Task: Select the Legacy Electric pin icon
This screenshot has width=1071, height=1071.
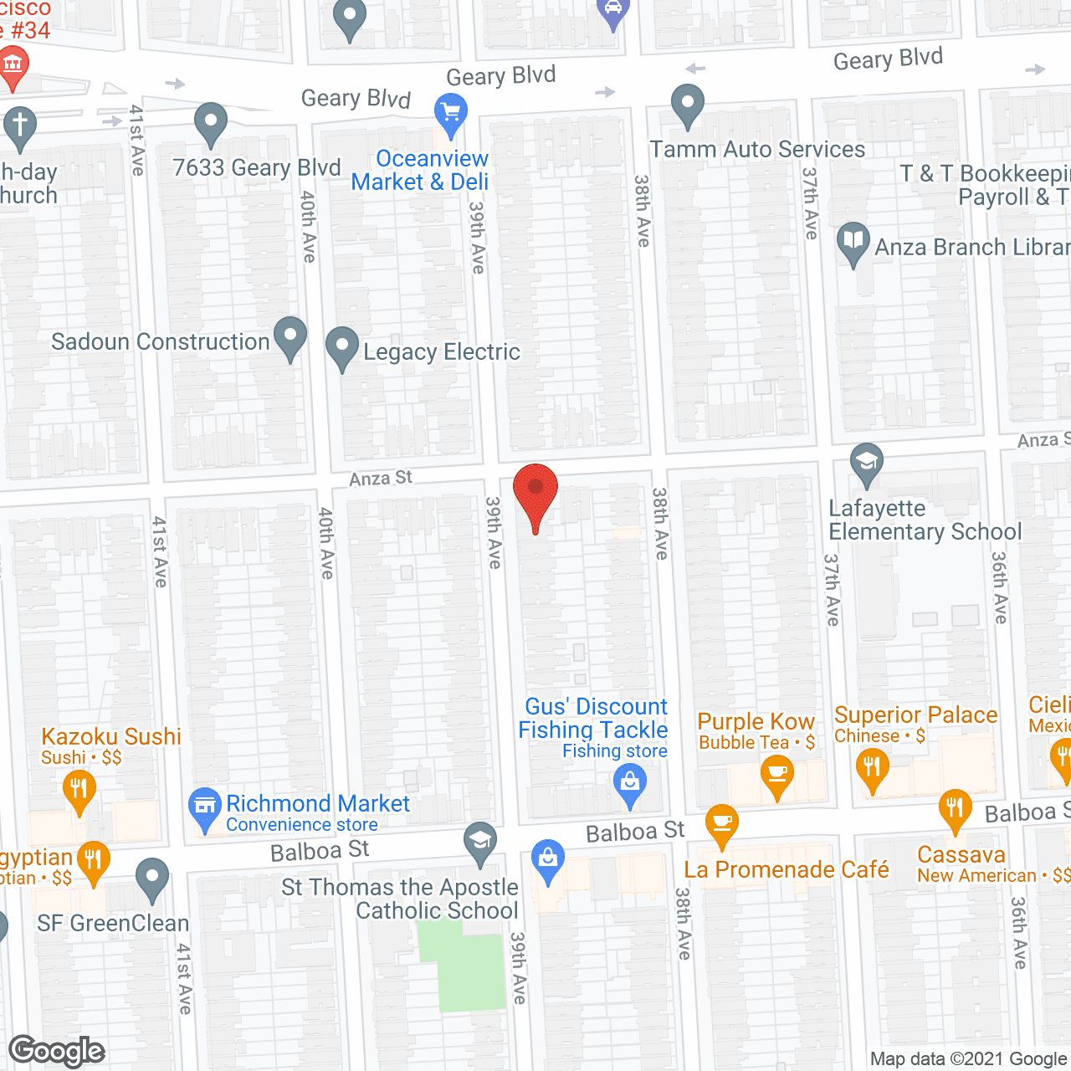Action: click(341, 346)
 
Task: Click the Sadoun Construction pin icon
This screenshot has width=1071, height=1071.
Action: click(290, 336)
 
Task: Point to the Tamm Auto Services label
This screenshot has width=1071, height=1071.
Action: click(757, 150)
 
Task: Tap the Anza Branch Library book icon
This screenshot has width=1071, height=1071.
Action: click(853, 242)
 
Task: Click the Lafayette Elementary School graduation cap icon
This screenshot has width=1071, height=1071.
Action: click(866, 463)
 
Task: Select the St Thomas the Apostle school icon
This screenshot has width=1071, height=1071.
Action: click(480, 842)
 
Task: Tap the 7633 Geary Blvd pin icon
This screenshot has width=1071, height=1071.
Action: click(211, 122)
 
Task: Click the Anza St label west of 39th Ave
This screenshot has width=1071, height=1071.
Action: click(381, 478)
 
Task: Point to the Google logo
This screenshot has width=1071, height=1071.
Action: click(57, 1051)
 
